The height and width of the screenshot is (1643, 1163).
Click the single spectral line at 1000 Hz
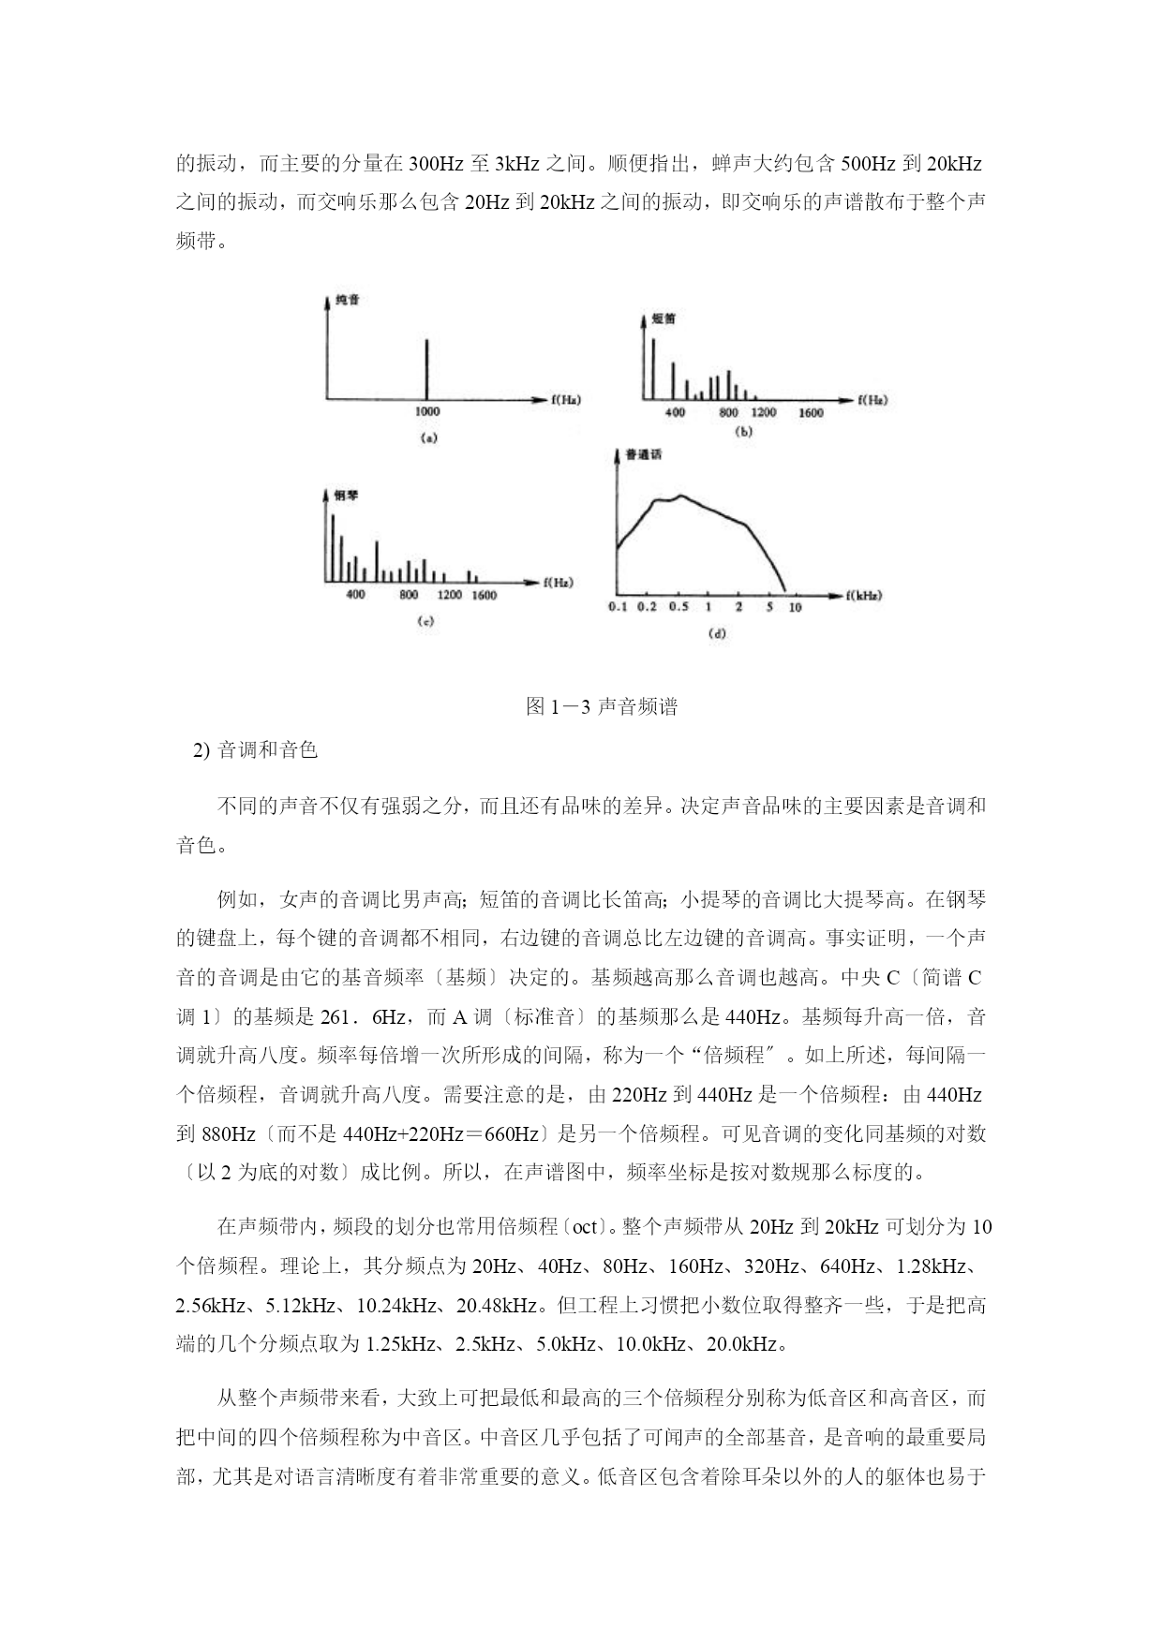(426, 368)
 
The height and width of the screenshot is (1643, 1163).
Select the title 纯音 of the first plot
(347, 301)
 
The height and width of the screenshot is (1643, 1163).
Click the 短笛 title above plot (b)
(663, 318)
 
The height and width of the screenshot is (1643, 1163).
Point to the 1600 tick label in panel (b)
(811, 413)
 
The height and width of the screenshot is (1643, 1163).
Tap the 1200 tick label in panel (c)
(449, 596)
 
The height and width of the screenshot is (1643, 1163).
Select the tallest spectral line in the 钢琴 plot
(332, 548)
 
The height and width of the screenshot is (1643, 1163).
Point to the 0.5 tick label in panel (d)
(678, 607)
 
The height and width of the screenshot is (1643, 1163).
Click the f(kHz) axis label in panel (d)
(863, 595)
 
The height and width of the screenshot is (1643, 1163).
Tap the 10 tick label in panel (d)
(795, 608)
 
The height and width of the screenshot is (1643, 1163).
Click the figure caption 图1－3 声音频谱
(602, 707)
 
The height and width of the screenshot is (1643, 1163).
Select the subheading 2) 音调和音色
(255, 750)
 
